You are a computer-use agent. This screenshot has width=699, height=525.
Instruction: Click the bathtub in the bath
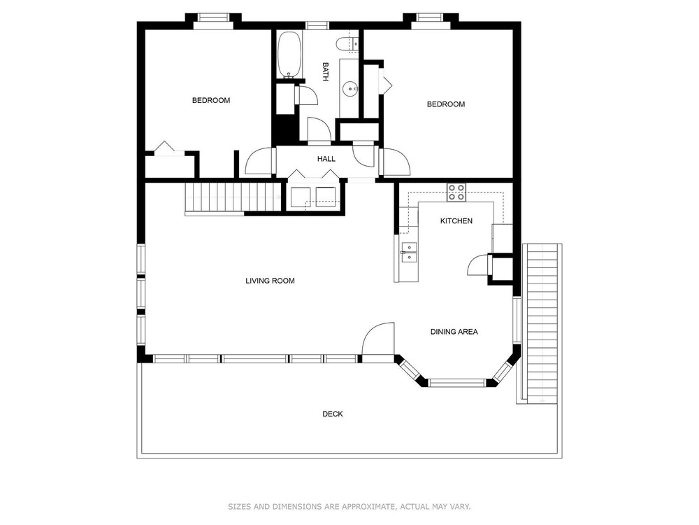click(290, 55)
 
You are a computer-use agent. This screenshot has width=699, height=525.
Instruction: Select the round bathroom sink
click(350, 89)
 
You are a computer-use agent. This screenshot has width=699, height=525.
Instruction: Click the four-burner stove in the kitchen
click(456, 192)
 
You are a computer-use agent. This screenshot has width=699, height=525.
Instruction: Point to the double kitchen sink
click(409, 253)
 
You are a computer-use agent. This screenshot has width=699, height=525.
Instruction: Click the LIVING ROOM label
click(270, 281)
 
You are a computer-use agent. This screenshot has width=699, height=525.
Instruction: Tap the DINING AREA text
click(454, 332)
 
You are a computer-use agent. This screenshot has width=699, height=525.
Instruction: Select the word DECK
click(333, 414)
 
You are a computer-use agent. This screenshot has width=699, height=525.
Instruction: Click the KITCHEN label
click(456, 221)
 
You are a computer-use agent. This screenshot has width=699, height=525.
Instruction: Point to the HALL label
click(326, 159)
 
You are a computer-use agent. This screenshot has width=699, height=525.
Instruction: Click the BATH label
click(326, 71)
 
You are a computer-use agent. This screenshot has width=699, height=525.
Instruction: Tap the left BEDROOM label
click(211, 100)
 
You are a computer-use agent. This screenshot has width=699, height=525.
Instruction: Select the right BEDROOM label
click(446, 104)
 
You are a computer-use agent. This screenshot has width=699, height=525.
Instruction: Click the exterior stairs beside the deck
click(542, 323)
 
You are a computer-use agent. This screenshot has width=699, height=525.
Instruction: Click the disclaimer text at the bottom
click(349, 507)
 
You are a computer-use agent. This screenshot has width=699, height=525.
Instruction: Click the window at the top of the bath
click(317, 25)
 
